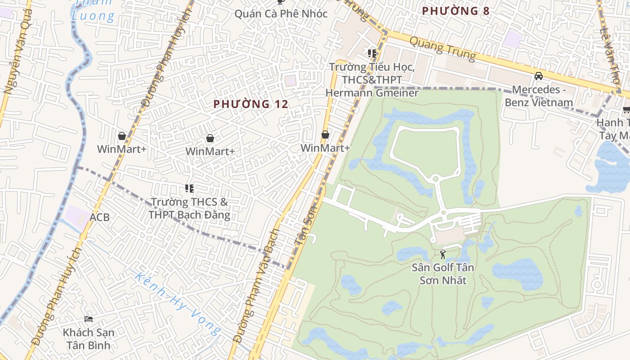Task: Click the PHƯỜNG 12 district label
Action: click(x=251, y=104)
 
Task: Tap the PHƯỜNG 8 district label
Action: click(x=455, y=11)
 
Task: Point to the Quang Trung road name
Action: click(x=442, y=48)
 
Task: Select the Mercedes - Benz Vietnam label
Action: click(x=539, y=96)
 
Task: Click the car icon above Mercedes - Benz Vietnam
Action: click(x=539, y=76)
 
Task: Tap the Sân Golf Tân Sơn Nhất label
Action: click(x=443, y=274)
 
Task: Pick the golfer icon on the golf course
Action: click(x=443, y=254)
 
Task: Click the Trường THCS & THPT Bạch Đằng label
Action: click(x=189, y=208)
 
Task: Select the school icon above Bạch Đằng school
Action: click(x=189, y=189)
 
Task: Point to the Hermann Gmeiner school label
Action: click(x=372, y=80)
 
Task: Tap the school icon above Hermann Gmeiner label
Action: click(x=372, y=54)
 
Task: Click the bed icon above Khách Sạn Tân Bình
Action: click(x=89, y=319)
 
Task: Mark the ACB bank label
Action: click(x=99, y=217)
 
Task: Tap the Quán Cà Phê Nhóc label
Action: click(x=281, y=14)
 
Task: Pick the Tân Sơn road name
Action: click(x=306, y=223)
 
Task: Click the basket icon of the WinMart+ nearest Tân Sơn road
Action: click(x=325, y=135)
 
